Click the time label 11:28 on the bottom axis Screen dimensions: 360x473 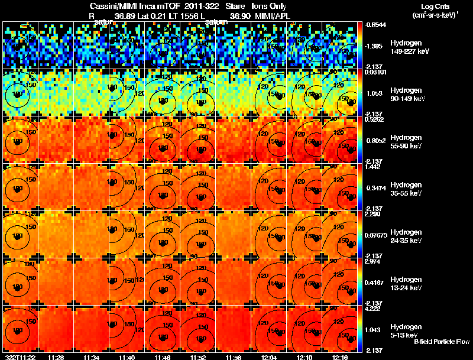pos(57,357)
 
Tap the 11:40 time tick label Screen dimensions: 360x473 pos(127,357)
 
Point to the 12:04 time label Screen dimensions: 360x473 pos(268,357)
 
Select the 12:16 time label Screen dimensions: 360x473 pos(339,357)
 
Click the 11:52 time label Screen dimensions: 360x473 pos(197,357)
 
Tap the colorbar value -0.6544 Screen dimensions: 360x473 pos(376,25)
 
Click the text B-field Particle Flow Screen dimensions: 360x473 pos(442,342)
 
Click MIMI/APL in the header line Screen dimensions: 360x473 pos(270,17)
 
